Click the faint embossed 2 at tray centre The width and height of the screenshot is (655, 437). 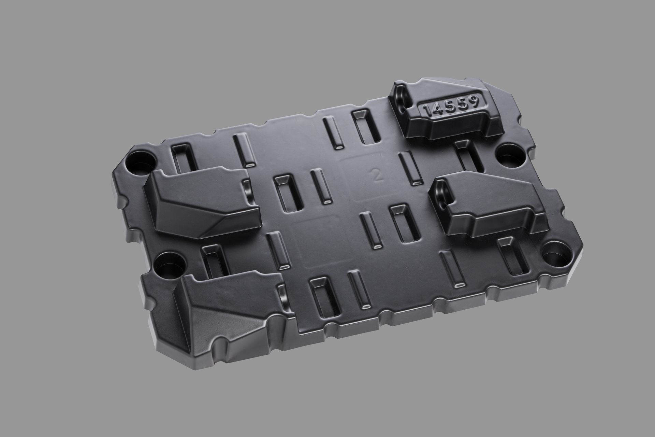tap(377, 175)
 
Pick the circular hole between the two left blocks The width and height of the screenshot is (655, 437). tap(169, 262)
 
